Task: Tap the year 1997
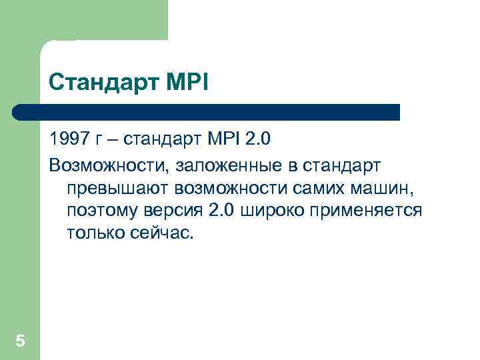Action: pos(67,141)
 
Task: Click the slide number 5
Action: pos(20,341)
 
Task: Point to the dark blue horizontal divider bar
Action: pos(207,112)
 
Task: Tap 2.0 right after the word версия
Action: pos(222,211)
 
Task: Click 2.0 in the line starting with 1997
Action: pos(259,141)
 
